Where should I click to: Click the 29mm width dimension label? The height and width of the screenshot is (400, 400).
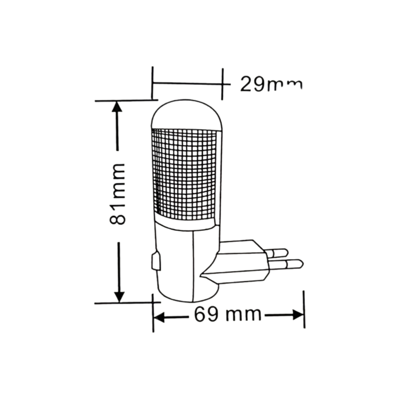pyautogui.click(x=270, y=84)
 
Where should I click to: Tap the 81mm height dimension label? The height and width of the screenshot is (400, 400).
pyautogui.click(x=118, y=194)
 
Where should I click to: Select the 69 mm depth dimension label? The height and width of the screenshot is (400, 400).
pyautogui.click(x=227, y=315)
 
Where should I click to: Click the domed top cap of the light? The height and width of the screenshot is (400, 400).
pyautogui.click(x=186, y=114)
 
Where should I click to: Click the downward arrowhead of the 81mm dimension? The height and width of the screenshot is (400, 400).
pyautogui.click(x=119, y=296)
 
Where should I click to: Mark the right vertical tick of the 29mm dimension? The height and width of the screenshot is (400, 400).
pyautogui.click(x=222, y=83)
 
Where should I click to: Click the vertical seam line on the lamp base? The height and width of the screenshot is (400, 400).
pyautogui.click(x=193, y=266)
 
